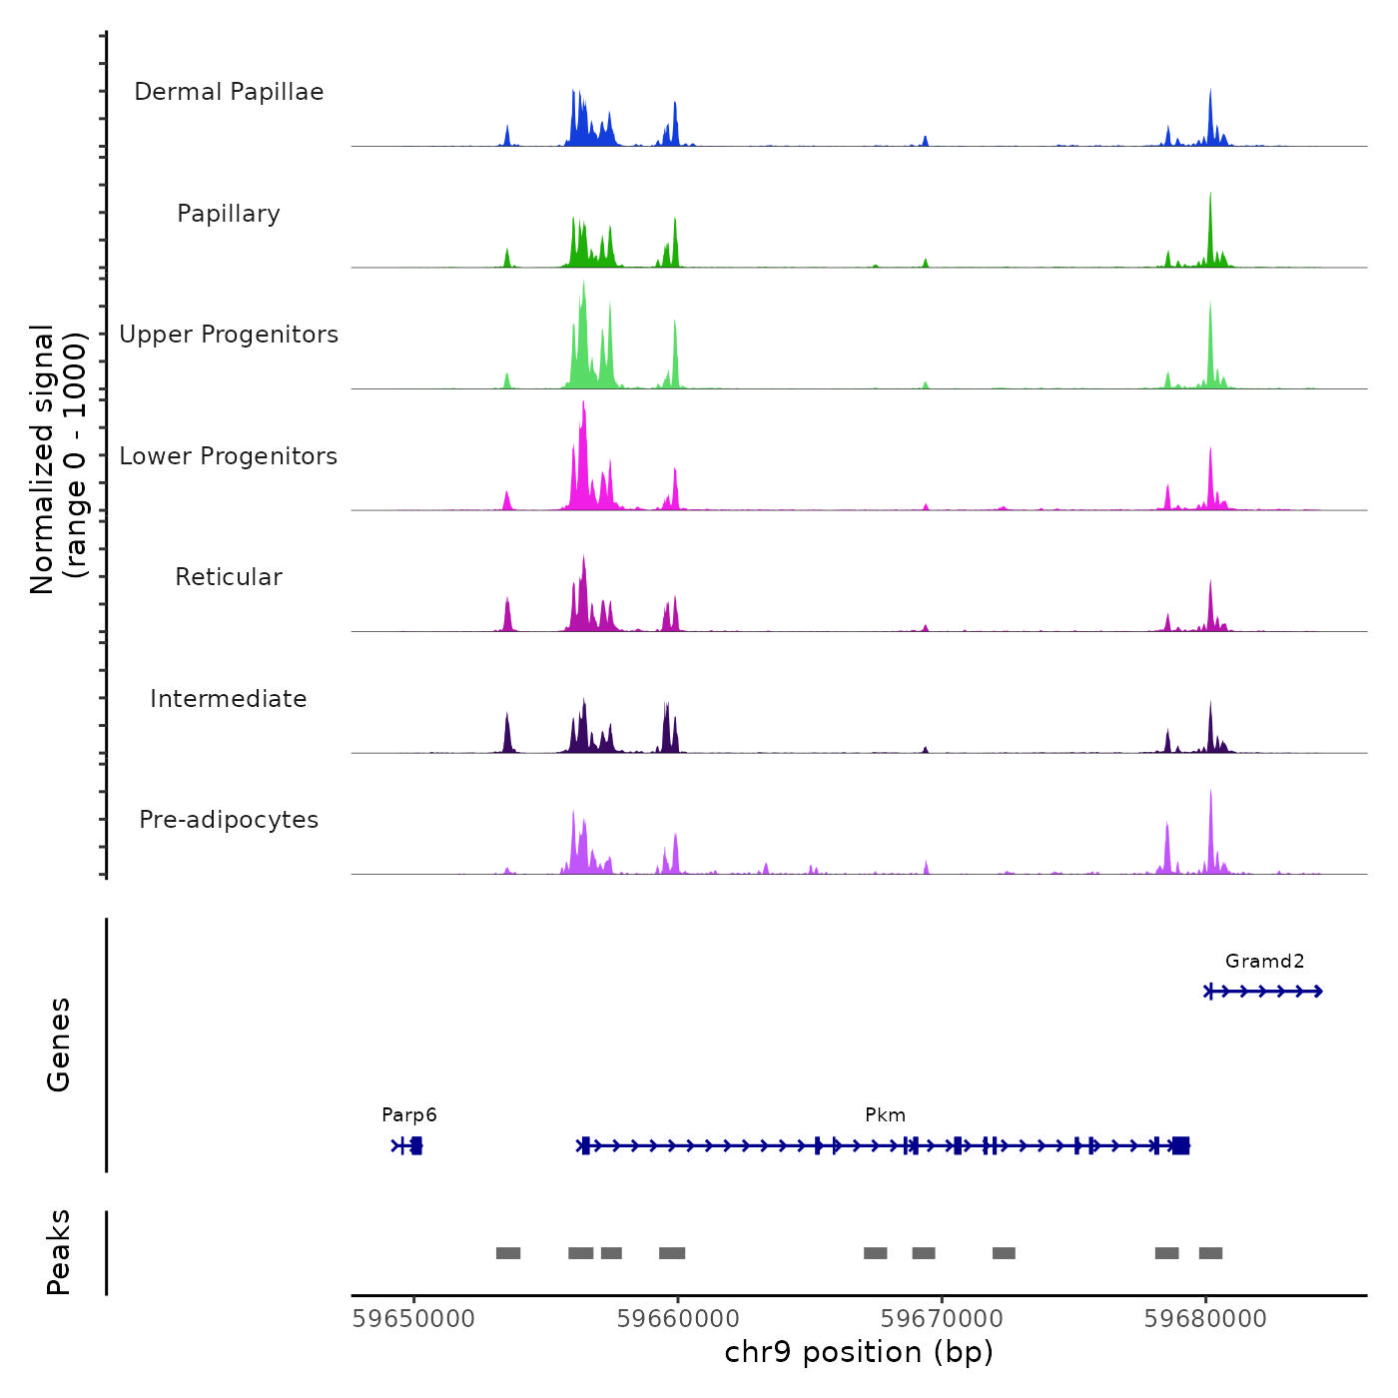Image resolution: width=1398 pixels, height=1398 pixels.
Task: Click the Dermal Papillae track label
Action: (x=229, y=92)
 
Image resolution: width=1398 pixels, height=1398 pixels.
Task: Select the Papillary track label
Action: (x=229, y=214)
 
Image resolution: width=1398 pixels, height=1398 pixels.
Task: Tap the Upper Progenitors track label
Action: (x=229, y=335)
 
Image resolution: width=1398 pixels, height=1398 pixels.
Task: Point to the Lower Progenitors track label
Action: (x=229, y=456)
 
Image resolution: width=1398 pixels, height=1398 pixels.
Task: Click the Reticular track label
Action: (x=229, y=577)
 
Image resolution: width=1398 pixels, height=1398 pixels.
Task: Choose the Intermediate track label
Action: (x=229, y=699)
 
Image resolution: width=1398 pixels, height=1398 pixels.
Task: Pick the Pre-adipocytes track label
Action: (x=229, y=820)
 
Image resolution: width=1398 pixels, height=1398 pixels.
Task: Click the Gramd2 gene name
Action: (x=1264, y=962)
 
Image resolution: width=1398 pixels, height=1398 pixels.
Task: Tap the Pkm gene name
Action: (x=885, y=1115)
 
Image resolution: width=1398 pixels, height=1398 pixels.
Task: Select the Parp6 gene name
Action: (x=409, y=1115)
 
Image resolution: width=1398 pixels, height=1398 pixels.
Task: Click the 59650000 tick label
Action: (x=413, y=1319)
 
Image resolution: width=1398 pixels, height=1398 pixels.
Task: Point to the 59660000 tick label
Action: (x=678, y=1319)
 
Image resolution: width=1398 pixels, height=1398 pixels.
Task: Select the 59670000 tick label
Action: (x=942, y=1319)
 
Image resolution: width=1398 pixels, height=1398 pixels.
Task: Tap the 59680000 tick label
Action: (x=1205, y=1319)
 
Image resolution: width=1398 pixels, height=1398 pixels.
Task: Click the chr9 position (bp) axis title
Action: (x=859, y=1352)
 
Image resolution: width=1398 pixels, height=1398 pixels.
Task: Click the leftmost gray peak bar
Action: (x=508, y=1253)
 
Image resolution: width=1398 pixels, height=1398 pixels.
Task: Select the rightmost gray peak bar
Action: (x=1210, y=1253)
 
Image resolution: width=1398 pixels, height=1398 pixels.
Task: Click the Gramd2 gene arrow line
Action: (x=1264, y=992)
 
